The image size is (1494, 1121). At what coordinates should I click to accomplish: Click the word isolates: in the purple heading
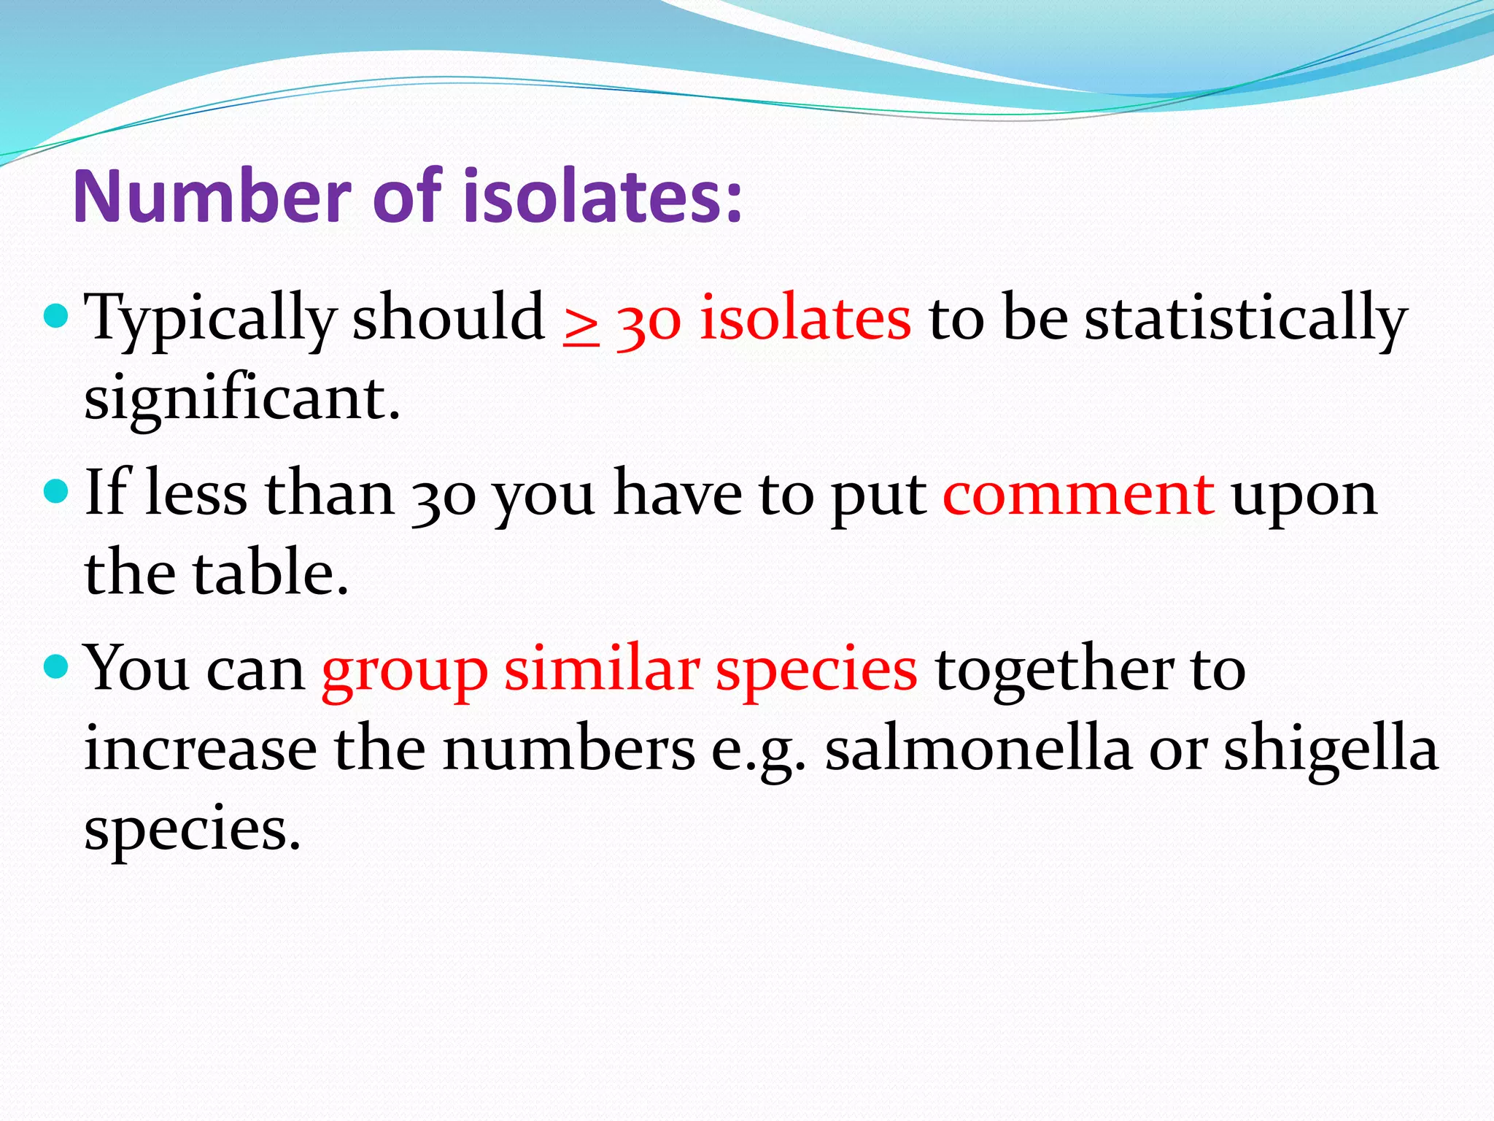tap(603, 197)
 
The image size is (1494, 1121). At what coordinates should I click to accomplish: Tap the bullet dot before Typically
tap(56, 316)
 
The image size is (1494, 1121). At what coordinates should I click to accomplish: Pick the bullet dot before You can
tap(56, 666)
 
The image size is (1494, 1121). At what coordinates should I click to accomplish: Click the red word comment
tap(1079, 494)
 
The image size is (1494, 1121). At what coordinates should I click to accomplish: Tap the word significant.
tap(241, 400)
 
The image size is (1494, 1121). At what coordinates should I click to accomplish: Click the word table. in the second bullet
tap(270, 573)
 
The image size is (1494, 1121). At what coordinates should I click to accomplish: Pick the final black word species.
tap(192, 832)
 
